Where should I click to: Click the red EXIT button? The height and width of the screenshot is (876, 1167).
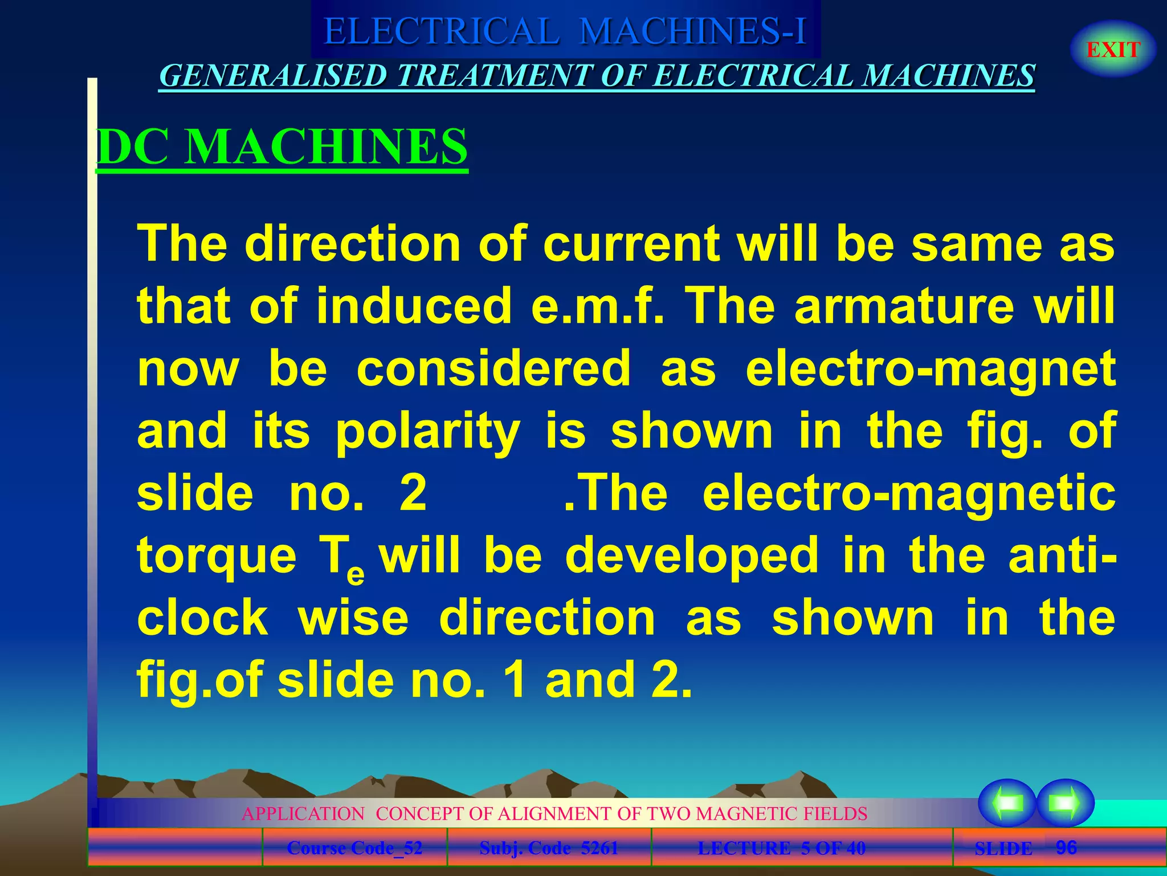(1113, 50)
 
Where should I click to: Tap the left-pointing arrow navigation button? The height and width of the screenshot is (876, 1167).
(1007, 802)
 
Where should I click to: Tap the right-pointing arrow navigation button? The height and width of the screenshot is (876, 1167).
(1065, 802)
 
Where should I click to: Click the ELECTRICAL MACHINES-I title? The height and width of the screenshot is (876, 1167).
(565, 31)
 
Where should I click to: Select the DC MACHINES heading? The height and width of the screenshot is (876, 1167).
(282, 147)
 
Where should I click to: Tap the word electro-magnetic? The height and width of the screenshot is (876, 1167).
(909, 493)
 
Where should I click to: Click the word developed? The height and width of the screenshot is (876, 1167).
(692, 556)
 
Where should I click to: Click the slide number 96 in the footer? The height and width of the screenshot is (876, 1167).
(1066, 847)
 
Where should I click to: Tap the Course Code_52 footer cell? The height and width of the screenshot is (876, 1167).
(354, 848)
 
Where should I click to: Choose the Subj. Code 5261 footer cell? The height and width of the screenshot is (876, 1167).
(549, 848)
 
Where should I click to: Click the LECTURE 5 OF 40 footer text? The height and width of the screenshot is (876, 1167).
(781, 848)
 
